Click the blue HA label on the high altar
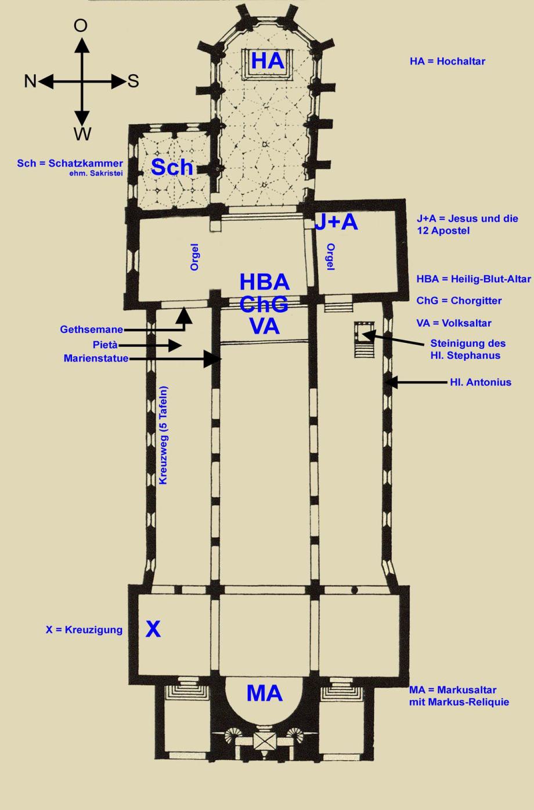click(268, 60)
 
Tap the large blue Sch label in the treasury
click(172, 167)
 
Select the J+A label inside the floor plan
click(336, 222)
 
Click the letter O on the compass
click(81, 26)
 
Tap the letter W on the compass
click(82, 134)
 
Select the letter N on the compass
click(30, 81)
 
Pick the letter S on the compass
click(133, 81)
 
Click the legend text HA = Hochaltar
click(447, 62)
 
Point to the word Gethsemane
click(92, 330)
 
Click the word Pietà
click(105, 345)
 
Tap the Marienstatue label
click(96, 359)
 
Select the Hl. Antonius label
click(481, 382)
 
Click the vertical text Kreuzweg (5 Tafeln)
click(164, 435)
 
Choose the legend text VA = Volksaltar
click(454, 323)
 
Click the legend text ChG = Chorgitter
click(459, 301)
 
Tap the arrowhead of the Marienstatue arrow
click(212, 359)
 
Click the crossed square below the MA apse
click(265, 741)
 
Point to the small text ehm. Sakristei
click(96, 173)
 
